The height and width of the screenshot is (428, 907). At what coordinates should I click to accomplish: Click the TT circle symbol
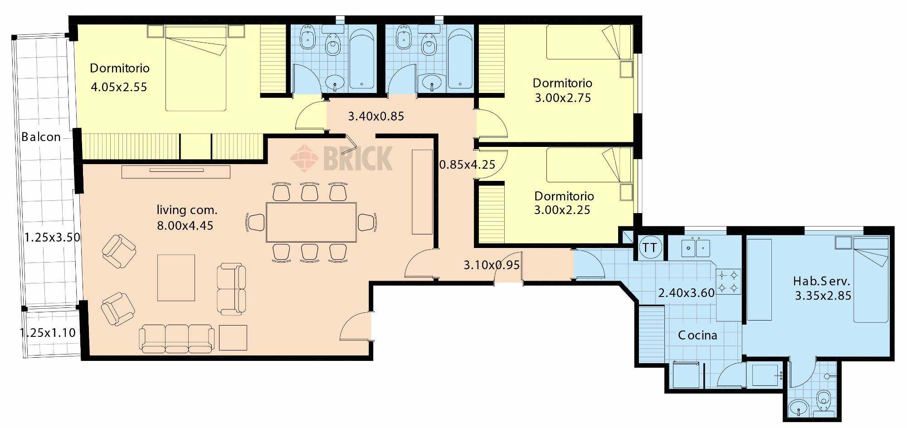tap(650, 248)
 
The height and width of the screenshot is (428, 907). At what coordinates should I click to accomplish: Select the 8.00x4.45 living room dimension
tap(185, 225)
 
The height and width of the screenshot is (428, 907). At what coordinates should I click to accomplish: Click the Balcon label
tap(41, 137)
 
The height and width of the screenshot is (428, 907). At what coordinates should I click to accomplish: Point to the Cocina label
tap(697, 336)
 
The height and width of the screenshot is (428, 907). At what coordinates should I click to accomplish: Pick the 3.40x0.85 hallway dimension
tap(376, 117)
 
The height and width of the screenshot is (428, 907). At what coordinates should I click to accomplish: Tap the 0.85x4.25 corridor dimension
tap(467, 165)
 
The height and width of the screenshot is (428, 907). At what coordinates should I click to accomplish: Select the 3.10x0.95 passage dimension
tap(492, 265)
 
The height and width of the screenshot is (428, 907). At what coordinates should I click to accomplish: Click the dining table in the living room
tap(311, 223)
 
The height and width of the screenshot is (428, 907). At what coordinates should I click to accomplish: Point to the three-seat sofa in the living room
tap(177, 338)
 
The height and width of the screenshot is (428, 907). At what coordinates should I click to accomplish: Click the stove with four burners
tap(728, 282)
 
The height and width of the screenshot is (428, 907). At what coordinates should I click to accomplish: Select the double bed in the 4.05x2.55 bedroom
tap(195, 68)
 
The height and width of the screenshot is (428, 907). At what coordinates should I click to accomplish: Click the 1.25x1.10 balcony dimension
tap(48, 333)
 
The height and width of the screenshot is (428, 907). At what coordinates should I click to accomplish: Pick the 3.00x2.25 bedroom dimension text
tap(562, 210)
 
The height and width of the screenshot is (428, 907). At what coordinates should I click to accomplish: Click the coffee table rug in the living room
tap(176, 277)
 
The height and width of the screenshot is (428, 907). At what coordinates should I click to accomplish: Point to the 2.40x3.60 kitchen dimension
tap(686, 293)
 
